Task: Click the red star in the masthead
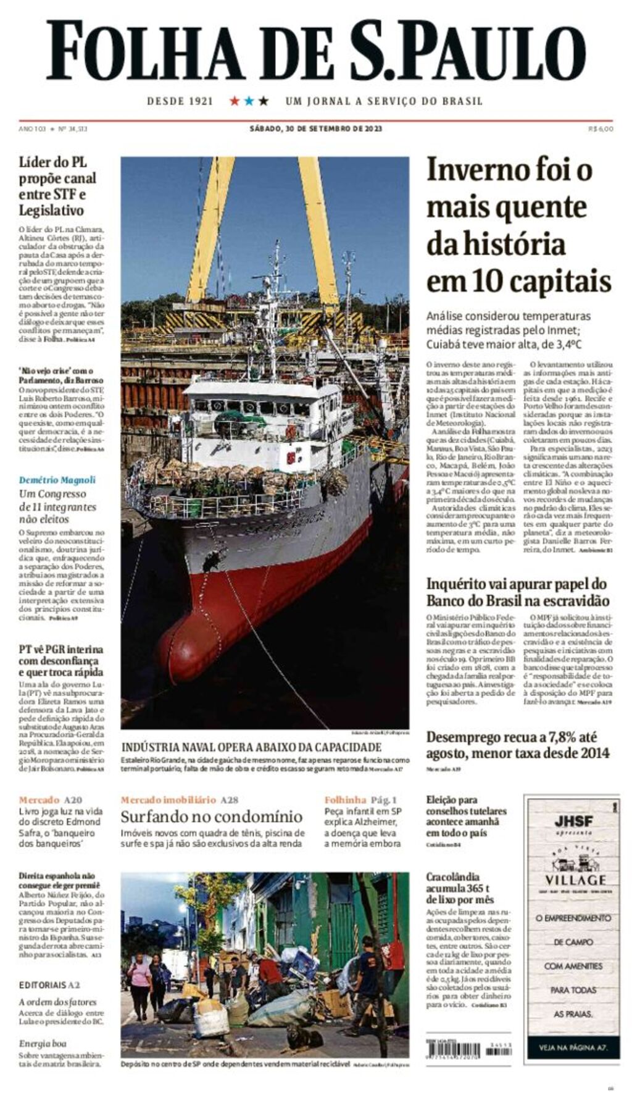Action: [235, 101]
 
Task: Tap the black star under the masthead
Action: [264, 101]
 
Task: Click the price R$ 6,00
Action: [601, 129]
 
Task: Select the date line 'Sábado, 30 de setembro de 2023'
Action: [315, 129]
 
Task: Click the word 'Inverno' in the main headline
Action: [481, 170]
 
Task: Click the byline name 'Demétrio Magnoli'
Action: [57, 480]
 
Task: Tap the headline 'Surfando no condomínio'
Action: [211, 816]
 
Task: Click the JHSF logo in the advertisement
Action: [573, 821]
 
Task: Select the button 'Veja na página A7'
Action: [572, 1047]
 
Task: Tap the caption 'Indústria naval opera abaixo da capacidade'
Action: [251, 747]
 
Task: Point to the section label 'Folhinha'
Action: [345, 800]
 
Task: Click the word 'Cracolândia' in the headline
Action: [452, 876]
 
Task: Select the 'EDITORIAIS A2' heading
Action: [49, 985]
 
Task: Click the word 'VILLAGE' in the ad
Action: [575, 880]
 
